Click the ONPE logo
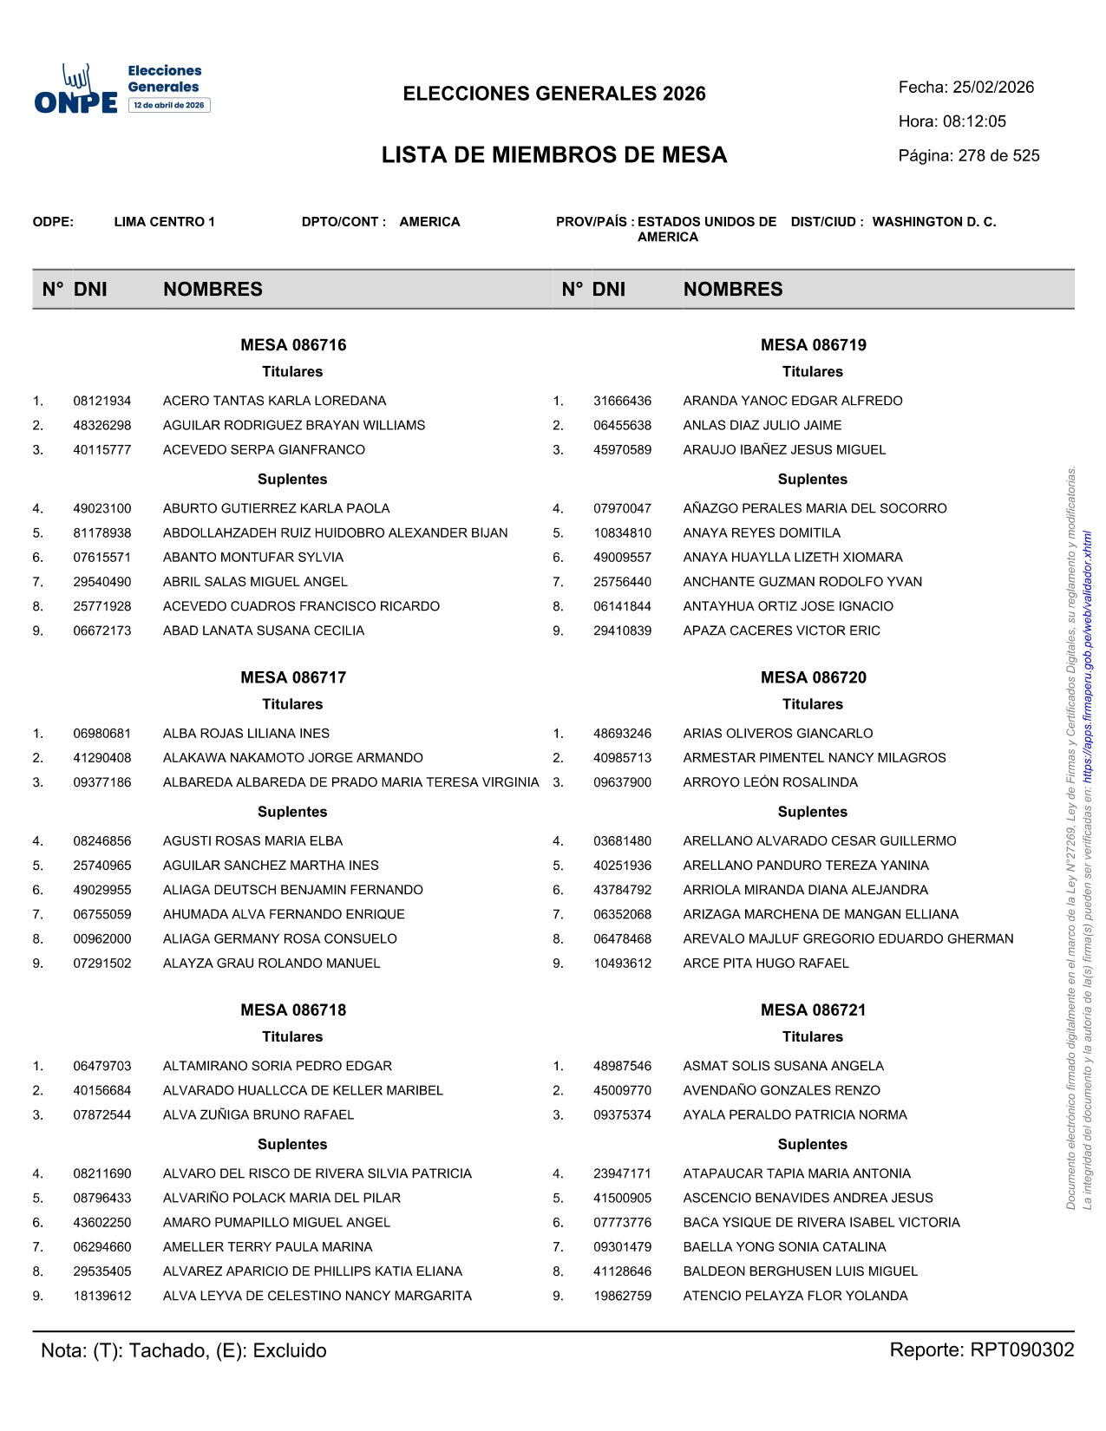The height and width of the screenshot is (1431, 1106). point(76,90)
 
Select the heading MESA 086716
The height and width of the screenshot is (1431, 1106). point(293,345)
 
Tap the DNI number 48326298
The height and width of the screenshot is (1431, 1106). point(102,426)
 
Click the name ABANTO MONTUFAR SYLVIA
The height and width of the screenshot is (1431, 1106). point(253,558)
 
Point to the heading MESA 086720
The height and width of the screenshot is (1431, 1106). point(813,678)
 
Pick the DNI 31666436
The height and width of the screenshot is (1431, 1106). point(622,402)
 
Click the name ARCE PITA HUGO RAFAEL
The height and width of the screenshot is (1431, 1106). point(765,964)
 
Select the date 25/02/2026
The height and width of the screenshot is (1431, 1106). point(993,88)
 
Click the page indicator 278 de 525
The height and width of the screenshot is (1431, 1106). point(998,156)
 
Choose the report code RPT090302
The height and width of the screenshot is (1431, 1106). point(1022,1350)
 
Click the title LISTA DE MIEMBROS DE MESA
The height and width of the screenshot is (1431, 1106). point(554,155)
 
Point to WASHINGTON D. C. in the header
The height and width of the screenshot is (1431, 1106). point(934,222)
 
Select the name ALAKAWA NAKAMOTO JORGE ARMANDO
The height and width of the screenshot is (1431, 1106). point(293,758)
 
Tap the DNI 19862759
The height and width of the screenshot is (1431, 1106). point(622,1297)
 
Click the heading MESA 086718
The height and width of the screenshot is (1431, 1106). point(293,1010)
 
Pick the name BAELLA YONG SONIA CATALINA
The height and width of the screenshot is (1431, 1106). point(784,1247)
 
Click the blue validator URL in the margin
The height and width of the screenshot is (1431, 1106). point(1088,650)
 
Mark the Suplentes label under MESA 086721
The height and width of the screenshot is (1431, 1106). point(812,1145)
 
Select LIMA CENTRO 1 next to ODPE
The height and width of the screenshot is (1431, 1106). point(164,222)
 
